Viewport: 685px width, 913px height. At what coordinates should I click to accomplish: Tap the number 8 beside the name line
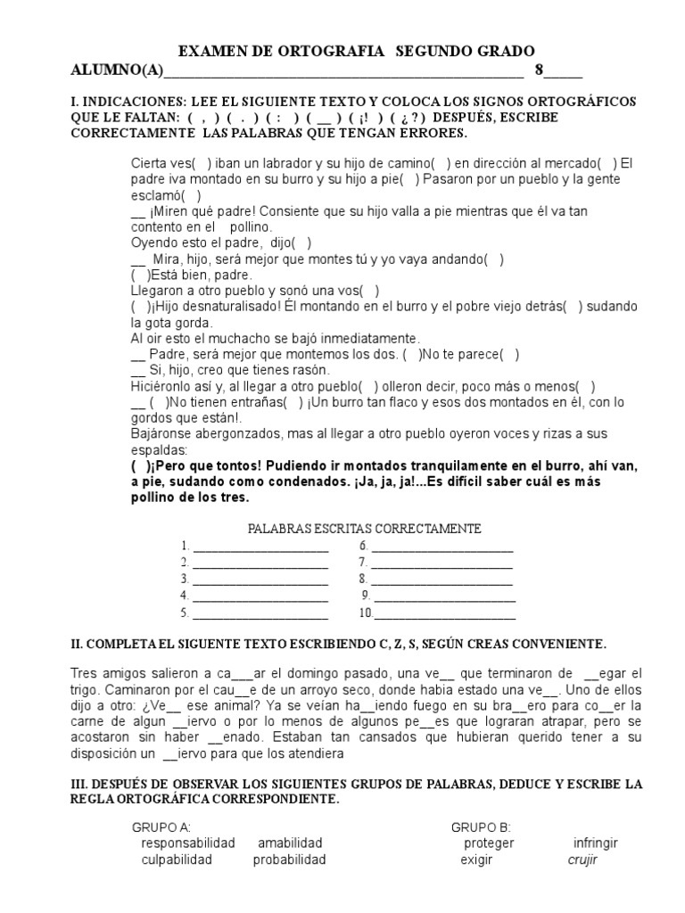click(x=539, y=70)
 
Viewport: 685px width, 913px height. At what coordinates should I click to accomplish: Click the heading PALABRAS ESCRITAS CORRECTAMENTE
click(x=364, y=529)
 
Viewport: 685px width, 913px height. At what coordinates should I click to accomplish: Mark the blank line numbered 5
click(x=260, y=614)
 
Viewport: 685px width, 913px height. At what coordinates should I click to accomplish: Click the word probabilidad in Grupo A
click(x=289, y=860)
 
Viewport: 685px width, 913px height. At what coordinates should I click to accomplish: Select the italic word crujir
click(x=582, y=860)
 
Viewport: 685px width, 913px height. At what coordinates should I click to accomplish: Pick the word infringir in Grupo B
click(x=595, y=843)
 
